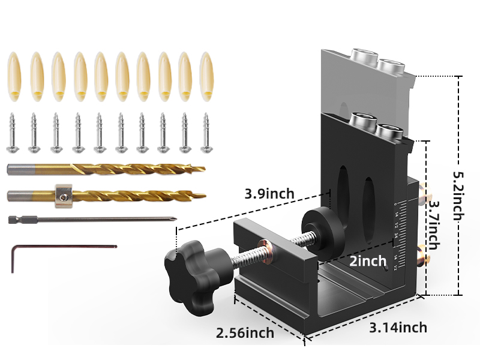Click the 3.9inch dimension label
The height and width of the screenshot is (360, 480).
pyautogui.click(x=269, y=194)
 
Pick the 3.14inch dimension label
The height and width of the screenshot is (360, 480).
pyautogui.click(x=398, y=327)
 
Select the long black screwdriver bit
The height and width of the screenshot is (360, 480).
pyautogui.click(x=90, y=220)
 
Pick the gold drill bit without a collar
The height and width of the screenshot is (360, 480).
pyautogui.click(x=105, y=170)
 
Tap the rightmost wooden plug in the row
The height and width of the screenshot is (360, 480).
pyautogui.click(x=207, y=76)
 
